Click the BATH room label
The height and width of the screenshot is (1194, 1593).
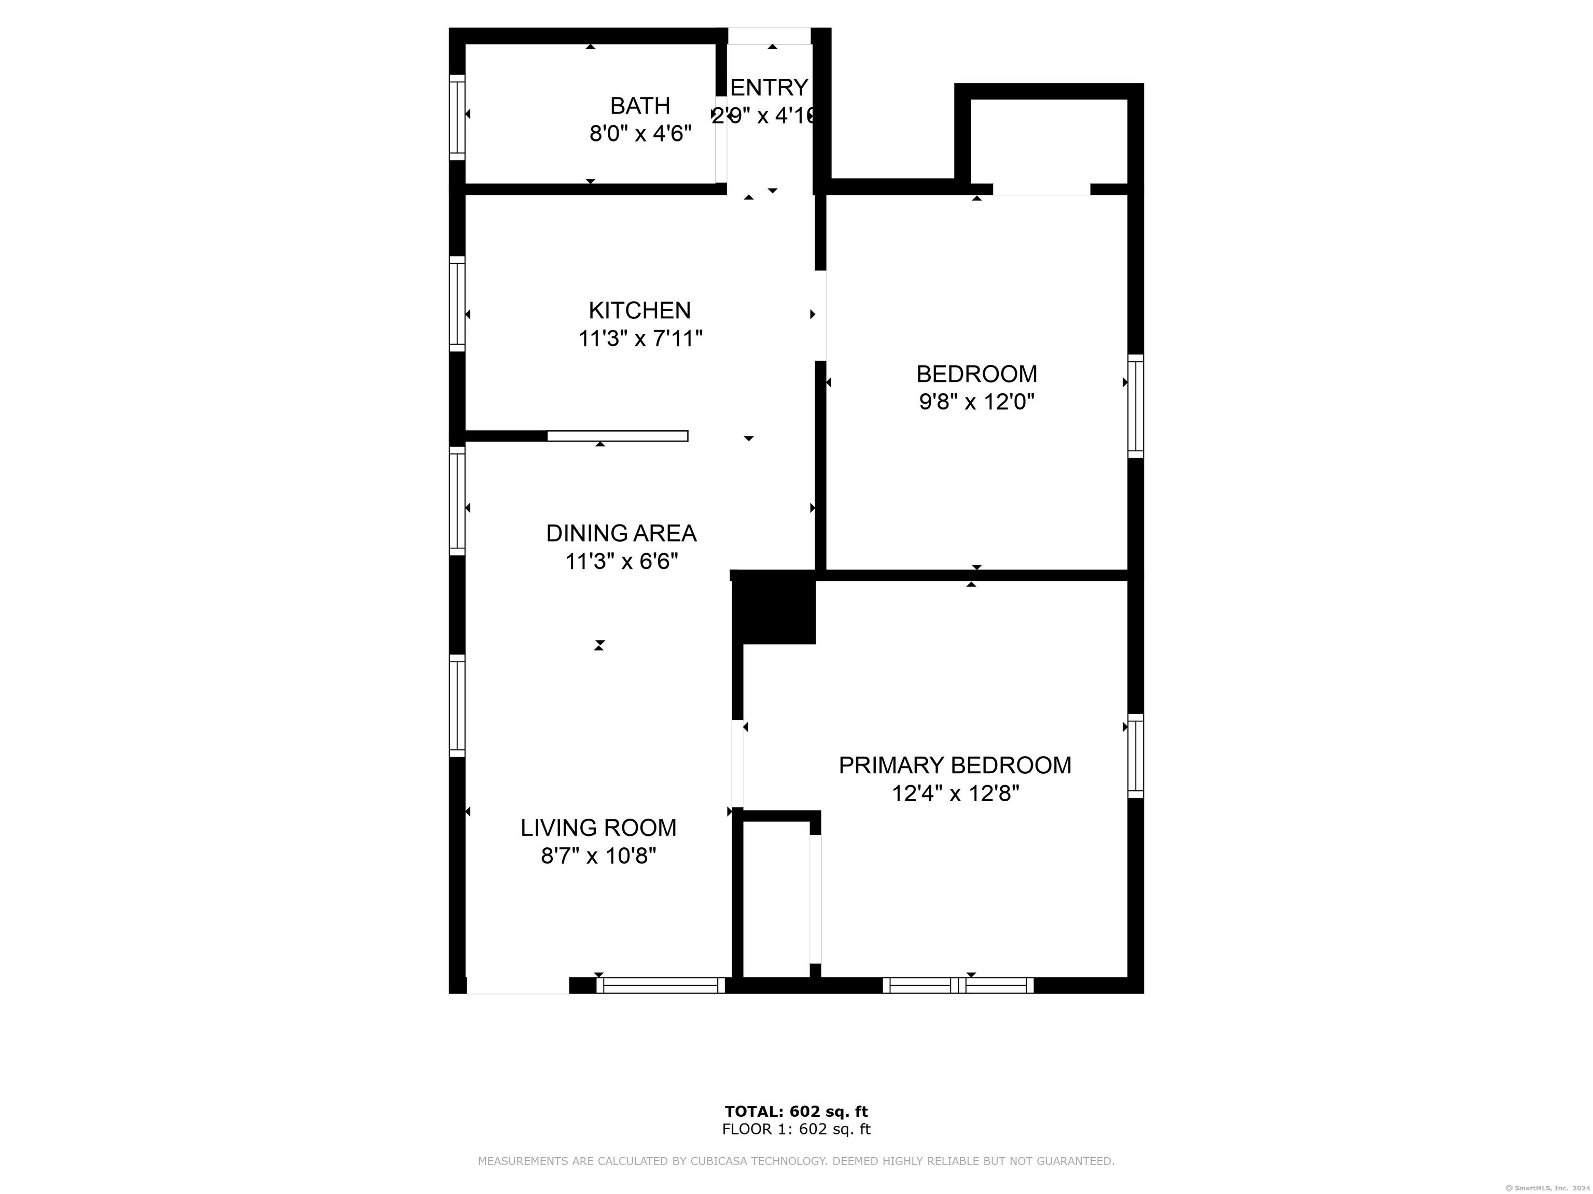tap(639, 106)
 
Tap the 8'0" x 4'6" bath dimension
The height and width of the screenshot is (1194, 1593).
tap(640, 134)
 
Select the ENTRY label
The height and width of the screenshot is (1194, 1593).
tap(768, 87)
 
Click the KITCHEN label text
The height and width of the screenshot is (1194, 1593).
tap(639, 310)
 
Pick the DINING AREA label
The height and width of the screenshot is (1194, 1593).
tap(621, 533)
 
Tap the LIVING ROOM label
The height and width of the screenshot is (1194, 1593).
tap(598, 828)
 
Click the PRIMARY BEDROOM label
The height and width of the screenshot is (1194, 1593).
tap(955, 765)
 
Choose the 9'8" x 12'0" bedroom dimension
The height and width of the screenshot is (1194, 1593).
tap(976, 402)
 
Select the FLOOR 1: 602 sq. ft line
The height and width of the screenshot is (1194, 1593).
tap(796, 1129)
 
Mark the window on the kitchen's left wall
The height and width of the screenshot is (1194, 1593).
tap(456, 304)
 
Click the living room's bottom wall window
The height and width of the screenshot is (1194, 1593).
tap(661, 985)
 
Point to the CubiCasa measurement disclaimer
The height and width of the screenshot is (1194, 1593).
tap(796, 1161)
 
